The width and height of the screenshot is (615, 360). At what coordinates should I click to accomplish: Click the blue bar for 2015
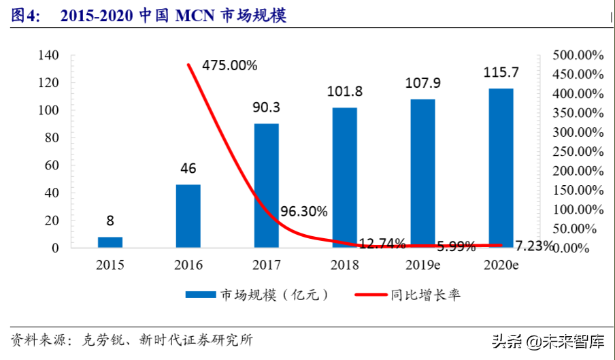[110, 242]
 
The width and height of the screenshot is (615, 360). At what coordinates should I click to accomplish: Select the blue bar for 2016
[188, 216]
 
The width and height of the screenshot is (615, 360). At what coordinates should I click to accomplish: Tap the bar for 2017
[267, 185]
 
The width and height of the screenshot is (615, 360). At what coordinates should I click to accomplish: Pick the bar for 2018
[345, 178]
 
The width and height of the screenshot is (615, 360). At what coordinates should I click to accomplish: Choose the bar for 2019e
[423, 174]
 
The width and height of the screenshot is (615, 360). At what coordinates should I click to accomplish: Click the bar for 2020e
[501, 168]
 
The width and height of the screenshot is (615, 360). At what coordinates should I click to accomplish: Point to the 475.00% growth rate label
[229, 66]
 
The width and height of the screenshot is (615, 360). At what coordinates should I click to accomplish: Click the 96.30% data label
[303, 212]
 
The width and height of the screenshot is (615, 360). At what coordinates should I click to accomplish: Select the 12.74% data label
[382, 243]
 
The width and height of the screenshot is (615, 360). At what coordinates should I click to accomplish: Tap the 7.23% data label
[533, 246]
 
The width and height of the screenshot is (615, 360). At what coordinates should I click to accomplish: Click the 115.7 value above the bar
[501, 72]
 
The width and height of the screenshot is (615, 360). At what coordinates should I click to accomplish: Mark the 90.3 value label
[267, 108]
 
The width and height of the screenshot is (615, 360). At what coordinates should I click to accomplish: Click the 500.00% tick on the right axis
[578, 55]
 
